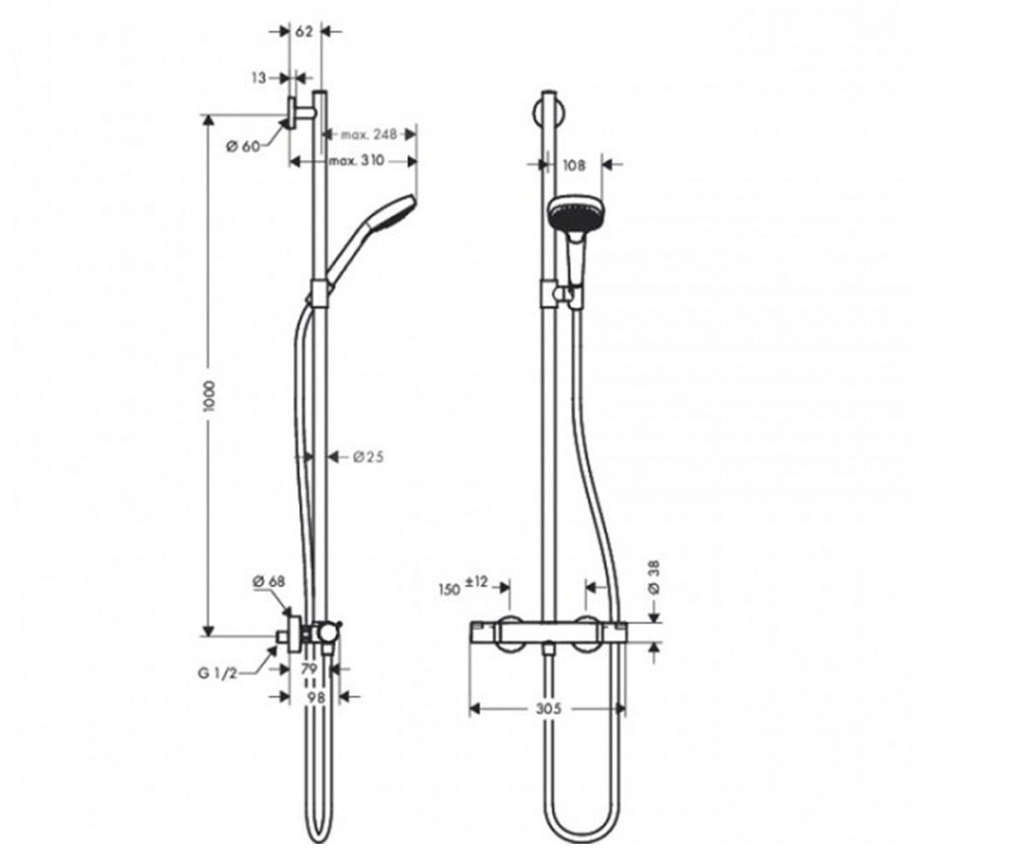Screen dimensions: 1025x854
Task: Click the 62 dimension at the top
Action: [304, 32]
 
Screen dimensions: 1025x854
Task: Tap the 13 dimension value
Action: [259, 78]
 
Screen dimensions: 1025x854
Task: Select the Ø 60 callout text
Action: [243, 146]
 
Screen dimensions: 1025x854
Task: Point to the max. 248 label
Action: [369, 134]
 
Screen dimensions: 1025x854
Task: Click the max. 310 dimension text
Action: [356, 161]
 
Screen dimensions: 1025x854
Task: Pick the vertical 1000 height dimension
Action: [209, 395]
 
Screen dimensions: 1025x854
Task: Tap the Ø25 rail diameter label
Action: [368, 458]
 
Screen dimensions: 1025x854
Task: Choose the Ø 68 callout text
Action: [268, 582]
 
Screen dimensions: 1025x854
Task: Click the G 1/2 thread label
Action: [218, 674]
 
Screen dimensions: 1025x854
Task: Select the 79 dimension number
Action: [309, 669]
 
